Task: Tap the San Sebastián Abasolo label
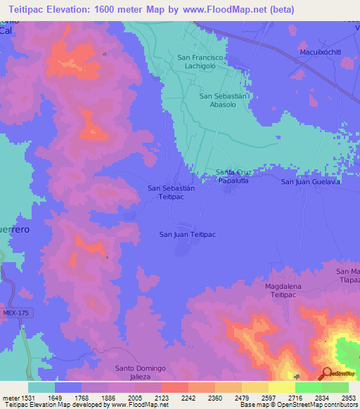click(224, 100)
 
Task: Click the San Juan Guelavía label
click(311, 182)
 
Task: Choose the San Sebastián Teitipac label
click(171, 193)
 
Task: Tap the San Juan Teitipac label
click(187, 235)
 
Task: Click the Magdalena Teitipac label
click(287, 291)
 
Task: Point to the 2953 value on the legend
click(340, 396)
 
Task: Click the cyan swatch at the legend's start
click(41, 387)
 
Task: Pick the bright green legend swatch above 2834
click(309, 387)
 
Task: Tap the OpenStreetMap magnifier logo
click(328, 374)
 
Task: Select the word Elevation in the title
click(74, 10)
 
